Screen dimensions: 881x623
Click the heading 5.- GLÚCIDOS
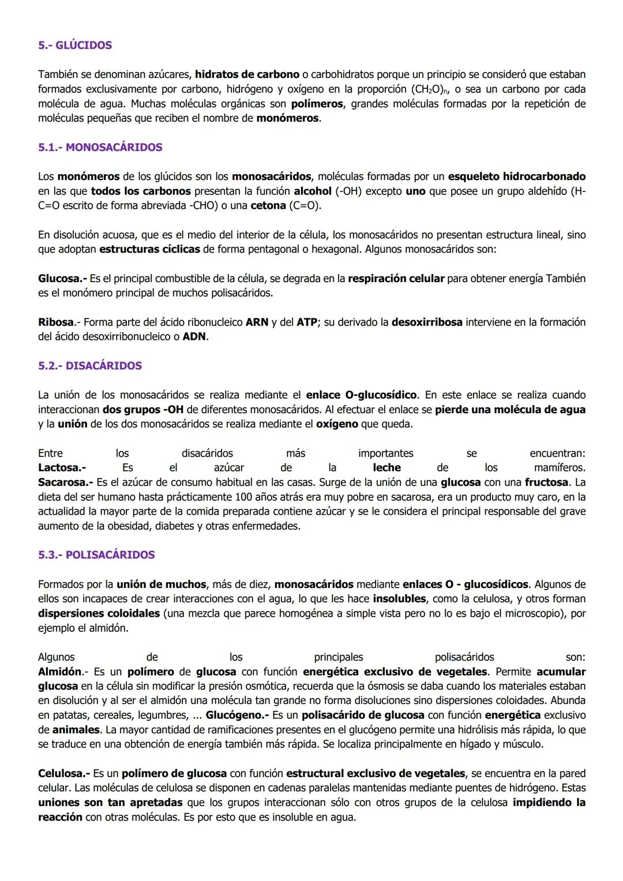pyautogui.click(x=75, y=45)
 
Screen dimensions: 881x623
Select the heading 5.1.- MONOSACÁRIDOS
pyautogui.click(x=100, y=147)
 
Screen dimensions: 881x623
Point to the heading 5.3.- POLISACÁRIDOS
pyautogui.click(x=96, y=555)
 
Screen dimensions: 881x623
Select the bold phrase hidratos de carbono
pyautogui.click(x=247, y=74)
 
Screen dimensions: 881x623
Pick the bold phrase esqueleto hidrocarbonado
pyautogui.click(x=516, y=177)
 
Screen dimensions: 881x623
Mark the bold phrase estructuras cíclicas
pyautogui.click(x=149, y=250)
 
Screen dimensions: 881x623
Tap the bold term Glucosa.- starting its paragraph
pyautogui.click(x=62, y=279)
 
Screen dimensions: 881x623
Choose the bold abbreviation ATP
pyautogui.click(x=307, y=323)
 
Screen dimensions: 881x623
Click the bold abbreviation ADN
pyautogui.click(x=194, y=337)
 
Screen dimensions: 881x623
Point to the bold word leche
pyautogui.click(x=386, y=468)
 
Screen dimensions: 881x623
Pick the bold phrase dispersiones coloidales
pyautogui.click(x=99, y=614)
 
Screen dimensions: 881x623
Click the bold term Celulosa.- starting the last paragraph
pyautogui.click(x=64, y=774)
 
